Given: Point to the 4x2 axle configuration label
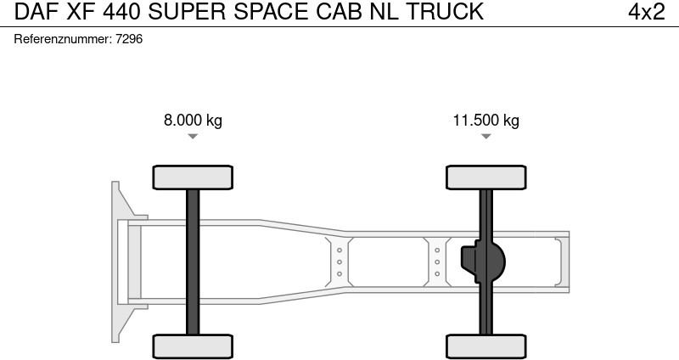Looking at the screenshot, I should [x=646, y=12].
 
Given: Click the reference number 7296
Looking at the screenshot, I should [x=129, y=39].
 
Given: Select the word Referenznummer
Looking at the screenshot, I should [x=63, y=39].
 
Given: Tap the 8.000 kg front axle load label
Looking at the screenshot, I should [x=193, y=120].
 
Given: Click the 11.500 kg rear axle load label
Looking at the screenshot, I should [x=485, y=120].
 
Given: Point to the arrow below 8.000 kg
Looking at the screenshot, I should [x=193, y=137].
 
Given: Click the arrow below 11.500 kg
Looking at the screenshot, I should [x=485, y=137].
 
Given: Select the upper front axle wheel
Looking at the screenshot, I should [x=193, y=177].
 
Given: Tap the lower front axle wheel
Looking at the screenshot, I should [x=193, y=346].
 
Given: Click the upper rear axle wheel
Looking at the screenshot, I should [x=486, y=177].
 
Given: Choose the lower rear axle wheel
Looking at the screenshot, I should [x=486, y=346].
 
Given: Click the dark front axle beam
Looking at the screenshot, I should [x=193, y=262].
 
